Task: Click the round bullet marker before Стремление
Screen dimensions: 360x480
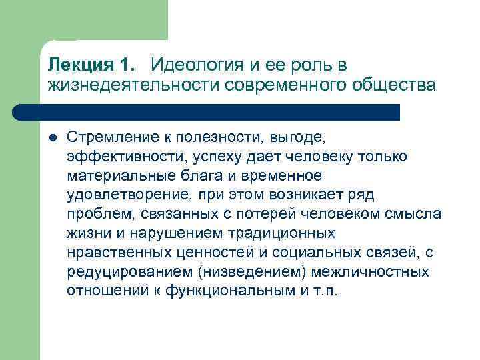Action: click(51, 137)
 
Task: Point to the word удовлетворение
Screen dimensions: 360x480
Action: click(118, 195)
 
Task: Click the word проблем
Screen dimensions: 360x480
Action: click(92, 215)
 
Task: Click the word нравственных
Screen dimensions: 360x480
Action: click(115, 253)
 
